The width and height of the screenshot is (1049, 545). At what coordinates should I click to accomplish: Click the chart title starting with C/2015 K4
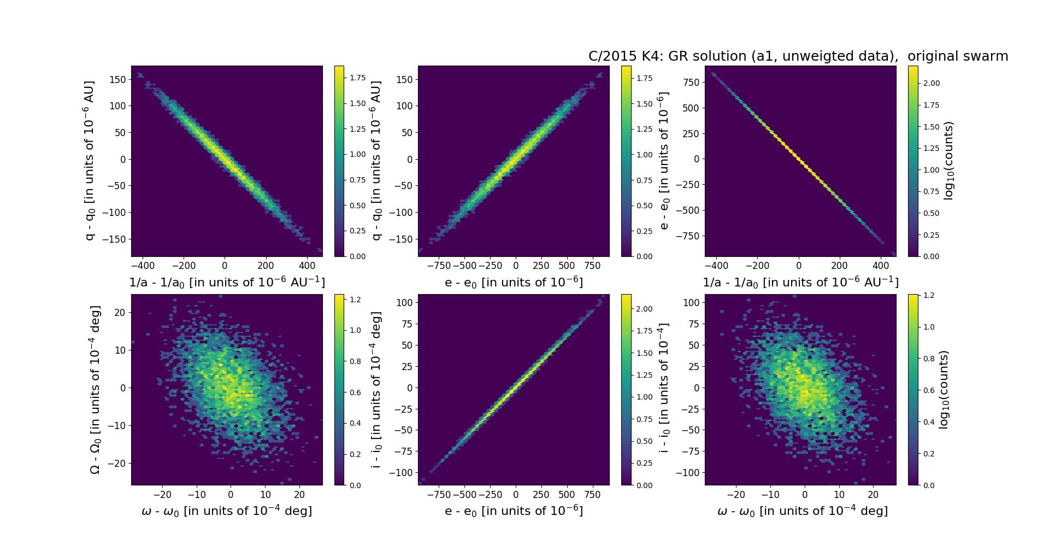pos(798,56)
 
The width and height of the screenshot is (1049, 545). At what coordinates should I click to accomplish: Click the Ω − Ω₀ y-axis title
pos(95,390)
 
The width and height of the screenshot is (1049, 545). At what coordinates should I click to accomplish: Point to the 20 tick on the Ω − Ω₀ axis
pos(120,313)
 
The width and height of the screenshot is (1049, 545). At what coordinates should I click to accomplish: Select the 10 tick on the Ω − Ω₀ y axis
pos(120,350)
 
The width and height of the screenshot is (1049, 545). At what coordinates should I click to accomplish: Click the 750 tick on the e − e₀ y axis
pos(691,82)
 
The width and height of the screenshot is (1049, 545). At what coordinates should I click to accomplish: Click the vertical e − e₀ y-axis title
pos(664,161)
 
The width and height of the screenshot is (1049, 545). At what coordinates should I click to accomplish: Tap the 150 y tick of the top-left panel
pos(117,80)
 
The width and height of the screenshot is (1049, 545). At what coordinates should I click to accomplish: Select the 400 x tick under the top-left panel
pos(307,266)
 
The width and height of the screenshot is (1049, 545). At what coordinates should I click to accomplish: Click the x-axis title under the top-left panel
pos(227,282)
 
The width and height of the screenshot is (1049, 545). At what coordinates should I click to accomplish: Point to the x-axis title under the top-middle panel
pos(514,282)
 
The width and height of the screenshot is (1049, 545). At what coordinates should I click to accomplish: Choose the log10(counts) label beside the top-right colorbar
pos(948,161)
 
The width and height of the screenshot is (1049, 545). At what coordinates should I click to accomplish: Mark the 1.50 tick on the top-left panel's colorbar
pos(358,103)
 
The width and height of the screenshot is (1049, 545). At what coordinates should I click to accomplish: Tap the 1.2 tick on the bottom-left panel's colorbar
pos(355,300)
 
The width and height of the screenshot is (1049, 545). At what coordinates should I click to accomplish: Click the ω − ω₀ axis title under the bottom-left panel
pos(227,511)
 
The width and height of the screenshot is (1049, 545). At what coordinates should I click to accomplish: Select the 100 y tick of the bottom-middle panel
pos(404,303)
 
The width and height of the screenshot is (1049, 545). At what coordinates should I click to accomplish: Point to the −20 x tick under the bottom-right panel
pos(736,495)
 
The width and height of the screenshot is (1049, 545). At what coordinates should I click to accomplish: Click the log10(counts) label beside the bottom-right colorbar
pos(944,390)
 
